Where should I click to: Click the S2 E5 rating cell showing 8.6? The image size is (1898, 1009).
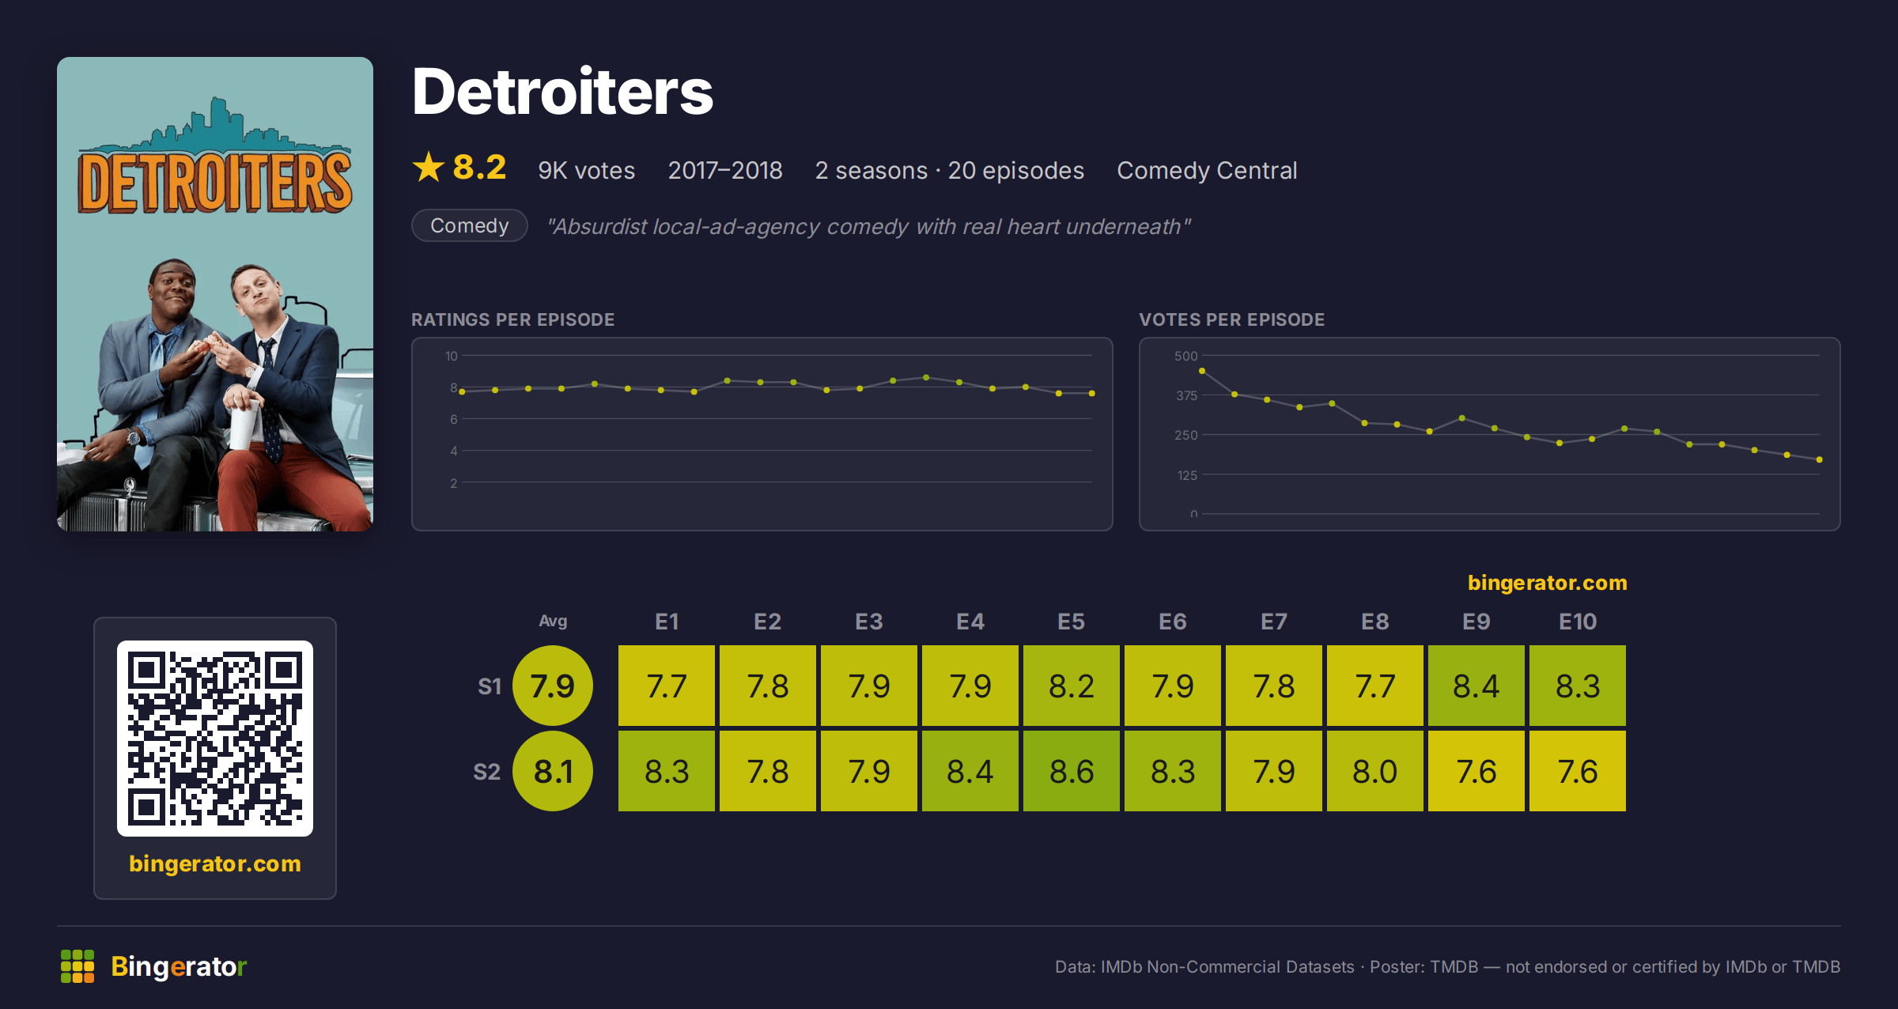[1072, 771]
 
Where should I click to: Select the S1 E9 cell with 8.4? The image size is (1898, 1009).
[1476, 686]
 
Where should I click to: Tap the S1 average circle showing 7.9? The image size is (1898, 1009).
[553, 686]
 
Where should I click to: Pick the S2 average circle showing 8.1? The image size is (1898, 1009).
[553, 771]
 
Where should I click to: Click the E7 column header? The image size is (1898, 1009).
[1274, 622]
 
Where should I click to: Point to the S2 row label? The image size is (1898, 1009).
[487, 772]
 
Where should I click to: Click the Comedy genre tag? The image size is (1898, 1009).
[470, 225]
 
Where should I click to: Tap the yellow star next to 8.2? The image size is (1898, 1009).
[429, 167]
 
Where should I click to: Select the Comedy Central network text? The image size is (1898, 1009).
[1207, 170]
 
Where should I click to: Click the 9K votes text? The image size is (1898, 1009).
[587, 170]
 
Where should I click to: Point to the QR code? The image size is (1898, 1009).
[215, 739]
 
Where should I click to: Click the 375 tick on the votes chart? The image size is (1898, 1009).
[1186, 395]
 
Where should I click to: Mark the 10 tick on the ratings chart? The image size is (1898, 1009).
[451, 356]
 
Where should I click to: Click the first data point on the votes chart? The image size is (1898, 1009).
[1202, 371]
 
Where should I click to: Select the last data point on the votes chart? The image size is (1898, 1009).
[1820, 459]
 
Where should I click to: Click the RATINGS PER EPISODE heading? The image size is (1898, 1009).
[512, 319]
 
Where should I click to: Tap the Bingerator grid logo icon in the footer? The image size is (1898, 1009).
[78, 966]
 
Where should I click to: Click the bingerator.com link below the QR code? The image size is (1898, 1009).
[215, 864]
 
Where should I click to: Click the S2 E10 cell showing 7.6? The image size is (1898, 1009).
[1578, 771]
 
